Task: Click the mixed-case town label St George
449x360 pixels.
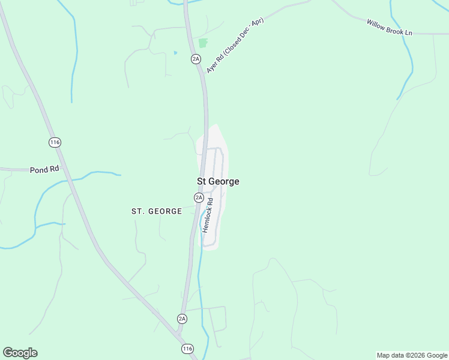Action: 218,181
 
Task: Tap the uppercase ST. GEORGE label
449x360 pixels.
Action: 157,211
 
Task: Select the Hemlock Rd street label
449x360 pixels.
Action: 208,216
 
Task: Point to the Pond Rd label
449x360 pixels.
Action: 44,170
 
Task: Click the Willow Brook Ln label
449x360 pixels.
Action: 389,26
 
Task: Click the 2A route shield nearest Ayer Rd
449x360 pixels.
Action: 196,58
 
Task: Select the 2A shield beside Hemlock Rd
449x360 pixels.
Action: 199,197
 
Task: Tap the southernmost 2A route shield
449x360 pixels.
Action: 182,319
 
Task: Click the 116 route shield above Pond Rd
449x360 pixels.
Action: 55,142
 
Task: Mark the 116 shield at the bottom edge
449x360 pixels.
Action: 188,349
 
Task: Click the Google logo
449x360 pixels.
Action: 20,353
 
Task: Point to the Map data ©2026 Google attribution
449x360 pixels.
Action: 412,355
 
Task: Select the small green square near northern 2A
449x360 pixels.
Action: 203,43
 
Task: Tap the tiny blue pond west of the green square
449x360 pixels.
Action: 175,53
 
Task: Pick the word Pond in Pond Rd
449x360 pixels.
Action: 39,170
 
